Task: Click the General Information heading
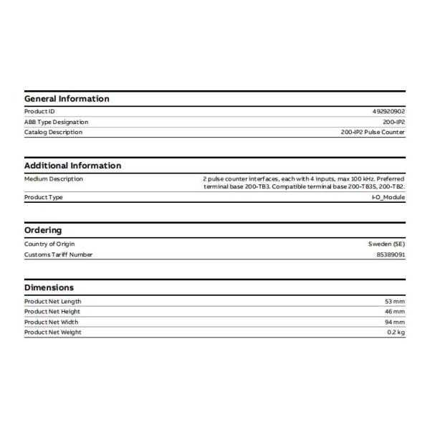[x=67, y=99]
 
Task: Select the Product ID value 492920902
[x=389, y=112]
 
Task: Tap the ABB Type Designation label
[x=54, y=122]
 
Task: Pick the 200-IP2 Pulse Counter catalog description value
[x=373, y=132]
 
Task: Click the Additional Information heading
[x=72, y=166]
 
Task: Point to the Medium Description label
[x=54, y=178]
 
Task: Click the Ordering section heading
[x=43, y=230]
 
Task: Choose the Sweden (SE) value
[x=386, y=244]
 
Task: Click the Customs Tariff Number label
[x=58, y=254]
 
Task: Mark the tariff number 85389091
[x=391, y=254]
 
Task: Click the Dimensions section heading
[x=49, y=287]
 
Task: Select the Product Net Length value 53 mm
[x=395, y=302]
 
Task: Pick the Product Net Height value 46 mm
[x=395, y=312]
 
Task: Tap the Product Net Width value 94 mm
[x=395, y=322]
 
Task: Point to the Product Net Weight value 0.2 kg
[x=396, y=332]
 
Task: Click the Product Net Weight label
[x=53, y=332]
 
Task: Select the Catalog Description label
[x=53, y=132]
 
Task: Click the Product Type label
[x=44, y=197]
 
